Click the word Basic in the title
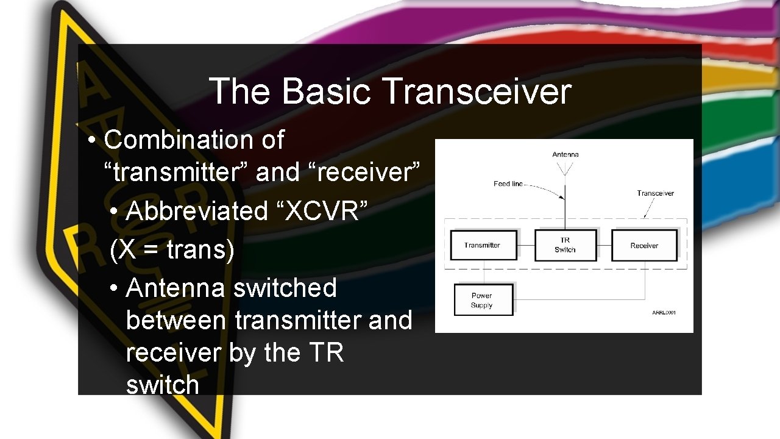(326, 91)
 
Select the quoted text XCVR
(327, 211)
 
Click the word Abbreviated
(197, 211)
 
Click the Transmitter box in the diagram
(483, 245)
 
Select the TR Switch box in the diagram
(565, 244)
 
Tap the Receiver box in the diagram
(644, 245)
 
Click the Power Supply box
(483, 300)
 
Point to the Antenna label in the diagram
(565, 155)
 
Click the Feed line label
(508, 184)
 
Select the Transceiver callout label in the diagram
(656, 193)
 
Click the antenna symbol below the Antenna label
(565, 168)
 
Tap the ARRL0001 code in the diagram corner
(664, 313)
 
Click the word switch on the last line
(162, 385)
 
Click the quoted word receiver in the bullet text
(366, 173)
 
